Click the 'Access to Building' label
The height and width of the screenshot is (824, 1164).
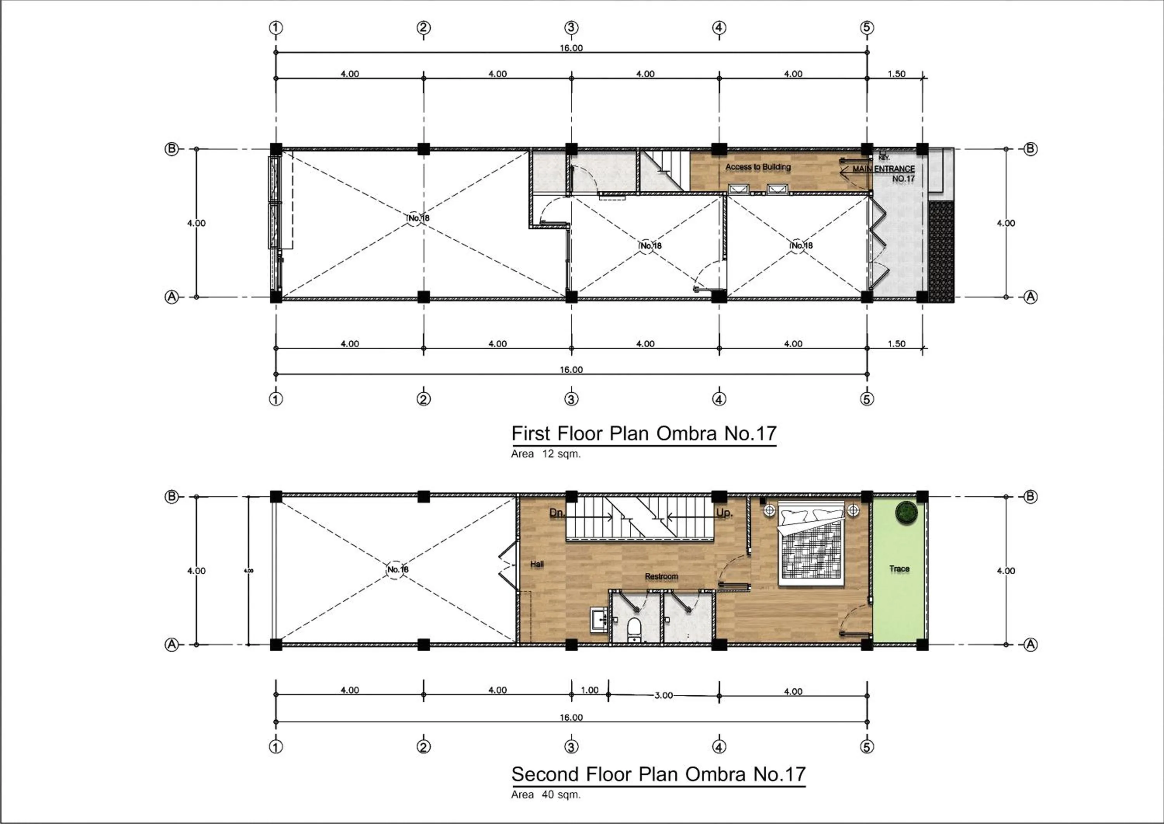pyautogui.click(x=757, y=167)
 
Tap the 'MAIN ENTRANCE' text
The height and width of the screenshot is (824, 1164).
pyautogui.click(x=883, y=169)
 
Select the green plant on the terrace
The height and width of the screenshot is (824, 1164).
pyautogui.click(x=906, y=513)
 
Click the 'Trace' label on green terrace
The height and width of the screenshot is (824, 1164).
pyautogui.click(x=899, y=569)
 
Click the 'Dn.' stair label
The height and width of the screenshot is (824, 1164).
pyautogui.click(x=557, y=513)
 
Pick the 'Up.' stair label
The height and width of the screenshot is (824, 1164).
pyautogui.click(x=724, y=513)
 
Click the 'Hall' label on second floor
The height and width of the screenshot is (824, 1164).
pyautogui.click(x=537, y=564)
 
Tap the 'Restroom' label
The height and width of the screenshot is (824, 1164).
pyautogui.click(x=661, y=576)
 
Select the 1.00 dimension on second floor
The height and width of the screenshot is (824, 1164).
pyautogui.click(x=590, y=690)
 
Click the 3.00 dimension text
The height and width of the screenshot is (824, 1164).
pyautogui.click(x=663, y=695)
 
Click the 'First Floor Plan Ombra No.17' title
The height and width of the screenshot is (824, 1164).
pyautogui.click(x=644, y=433)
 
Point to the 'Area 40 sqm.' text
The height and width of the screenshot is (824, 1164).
pyautogui.click(x=546, y=794)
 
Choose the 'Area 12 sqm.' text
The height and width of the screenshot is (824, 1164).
pyautogui.click(x=546, y=454)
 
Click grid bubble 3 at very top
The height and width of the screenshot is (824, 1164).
pyautogui.click(x=572, y=28)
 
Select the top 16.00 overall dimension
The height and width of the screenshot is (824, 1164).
pyautogui.click(x=572, y=48)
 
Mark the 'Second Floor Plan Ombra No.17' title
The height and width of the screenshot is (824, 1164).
pyautogui.click(x=658, y=774)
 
